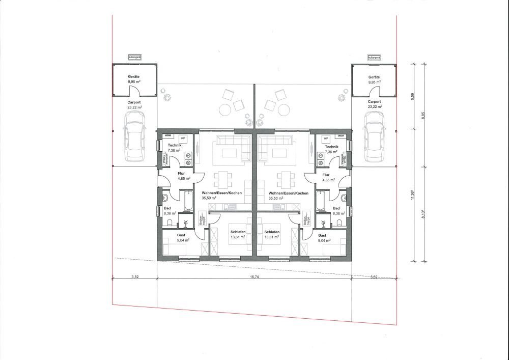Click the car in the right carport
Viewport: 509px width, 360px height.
374,134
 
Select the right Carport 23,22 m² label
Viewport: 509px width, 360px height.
375,104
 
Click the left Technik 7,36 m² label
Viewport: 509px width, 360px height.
175,148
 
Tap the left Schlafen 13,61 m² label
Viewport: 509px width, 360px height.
238,234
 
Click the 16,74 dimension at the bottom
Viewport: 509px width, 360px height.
256,278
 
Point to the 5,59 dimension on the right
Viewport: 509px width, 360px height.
413,95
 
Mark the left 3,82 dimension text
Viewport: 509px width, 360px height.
135,278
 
